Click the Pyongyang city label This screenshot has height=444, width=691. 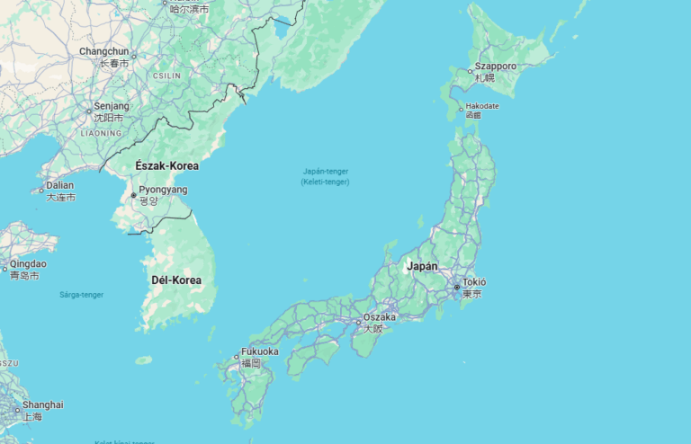[164, 190]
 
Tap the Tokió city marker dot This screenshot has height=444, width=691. [457, 288]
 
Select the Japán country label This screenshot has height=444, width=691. [422, 266]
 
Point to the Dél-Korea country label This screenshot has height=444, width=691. [176, 280]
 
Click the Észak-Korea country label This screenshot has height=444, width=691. [166, 165]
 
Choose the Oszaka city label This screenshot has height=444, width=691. [380, 316]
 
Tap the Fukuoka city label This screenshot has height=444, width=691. [260, 351]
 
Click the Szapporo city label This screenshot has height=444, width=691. [496, 67]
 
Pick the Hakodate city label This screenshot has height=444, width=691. [482, 106]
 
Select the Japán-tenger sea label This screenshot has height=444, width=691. [325, 171]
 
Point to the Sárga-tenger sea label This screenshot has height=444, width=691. [81, 295]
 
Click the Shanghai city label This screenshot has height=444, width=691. [43, 404]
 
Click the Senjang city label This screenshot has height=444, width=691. [112, 106]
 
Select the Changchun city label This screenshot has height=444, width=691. [103, 52]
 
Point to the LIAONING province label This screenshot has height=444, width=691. [101, 133]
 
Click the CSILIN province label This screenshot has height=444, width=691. [166, 75]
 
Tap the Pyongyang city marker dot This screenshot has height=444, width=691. [134, 195]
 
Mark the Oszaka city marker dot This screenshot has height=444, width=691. [358, 322]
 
